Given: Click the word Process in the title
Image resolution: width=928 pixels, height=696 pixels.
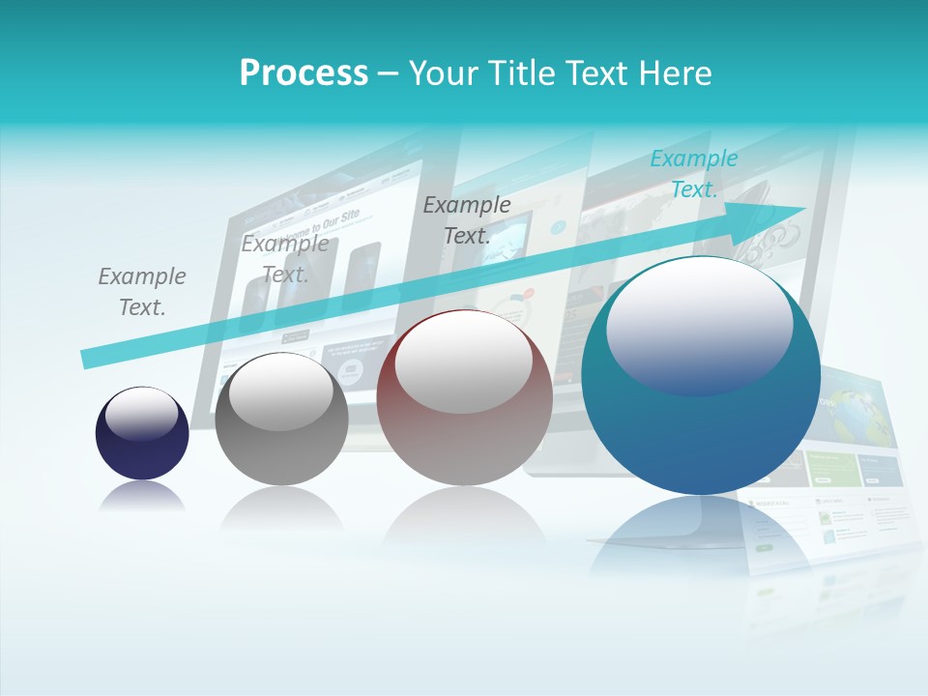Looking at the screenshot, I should pyautogui.click(x=304, y=73).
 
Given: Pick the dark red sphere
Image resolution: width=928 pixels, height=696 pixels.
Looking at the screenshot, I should pyautogui.click(x=464, y=435).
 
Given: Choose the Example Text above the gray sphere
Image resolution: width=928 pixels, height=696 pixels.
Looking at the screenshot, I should pyautogui.click(x=285, y=259).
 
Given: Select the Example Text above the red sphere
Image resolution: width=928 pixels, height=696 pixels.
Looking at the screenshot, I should pyautogui.click(x=467, y=220).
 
